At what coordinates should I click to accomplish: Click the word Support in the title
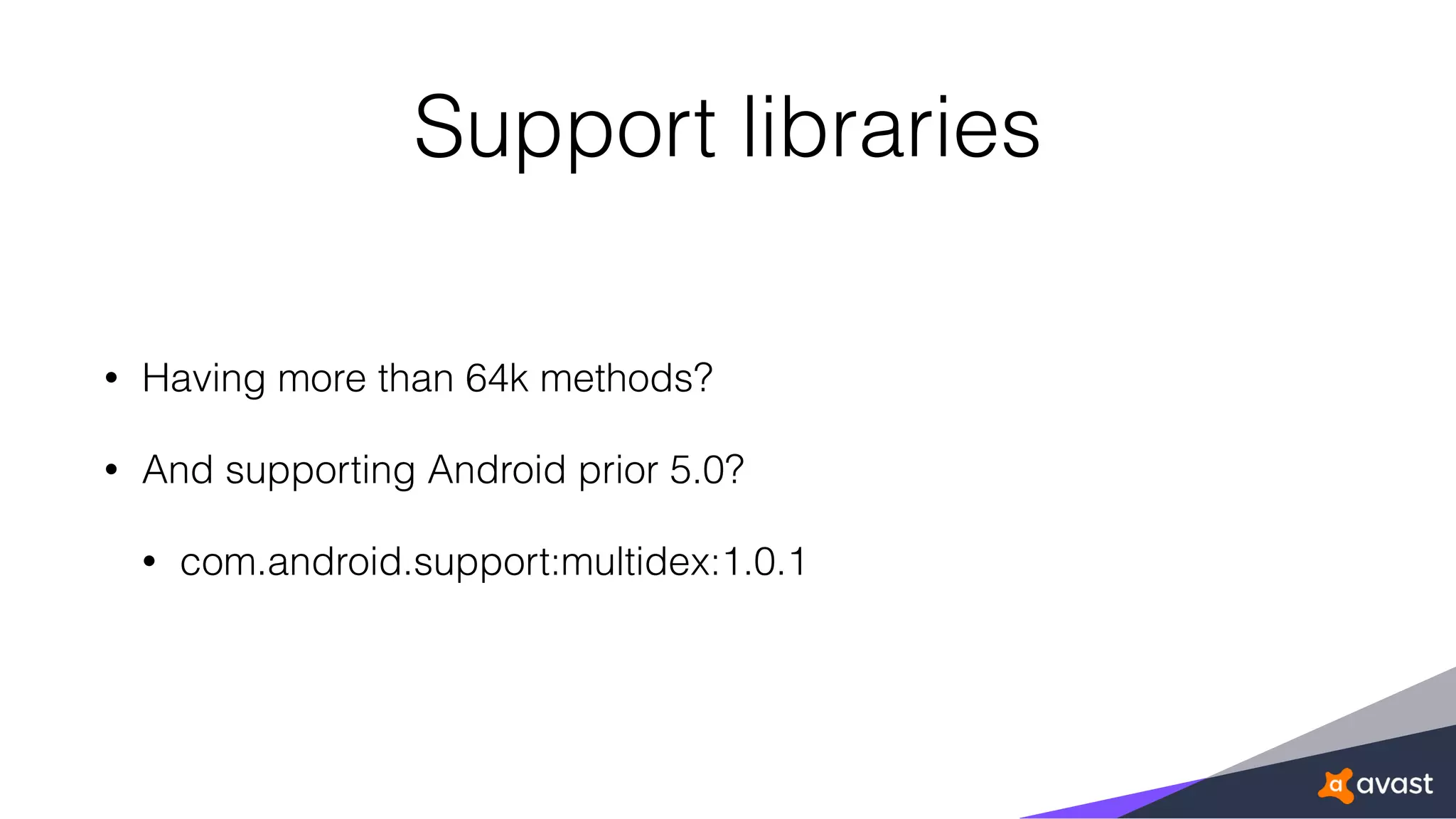(x=564, y=129)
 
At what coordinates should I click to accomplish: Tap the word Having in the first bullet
(x=203, y=379)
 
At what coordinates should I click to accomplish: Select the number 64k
(x=496, y=378)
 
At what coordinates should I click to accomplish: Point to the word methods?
(x=626, y=378)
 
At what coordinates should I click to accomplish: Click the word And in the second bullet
(x=178, y=470)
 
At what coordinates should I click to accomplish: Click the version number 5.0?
(x=707, y=470)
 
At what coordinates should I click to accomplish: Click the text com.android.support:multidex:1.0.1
(x=493, y=562)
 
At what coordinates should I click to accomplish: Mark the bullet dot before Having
(x=111, y=379)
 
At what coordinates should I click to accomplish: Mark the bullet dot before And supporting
(x=111, y=471)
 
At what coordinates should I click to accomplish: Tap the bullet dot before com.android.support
(x=149, y=562)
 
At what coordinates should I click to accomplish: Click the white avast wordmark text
(x=1394, y=784)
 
